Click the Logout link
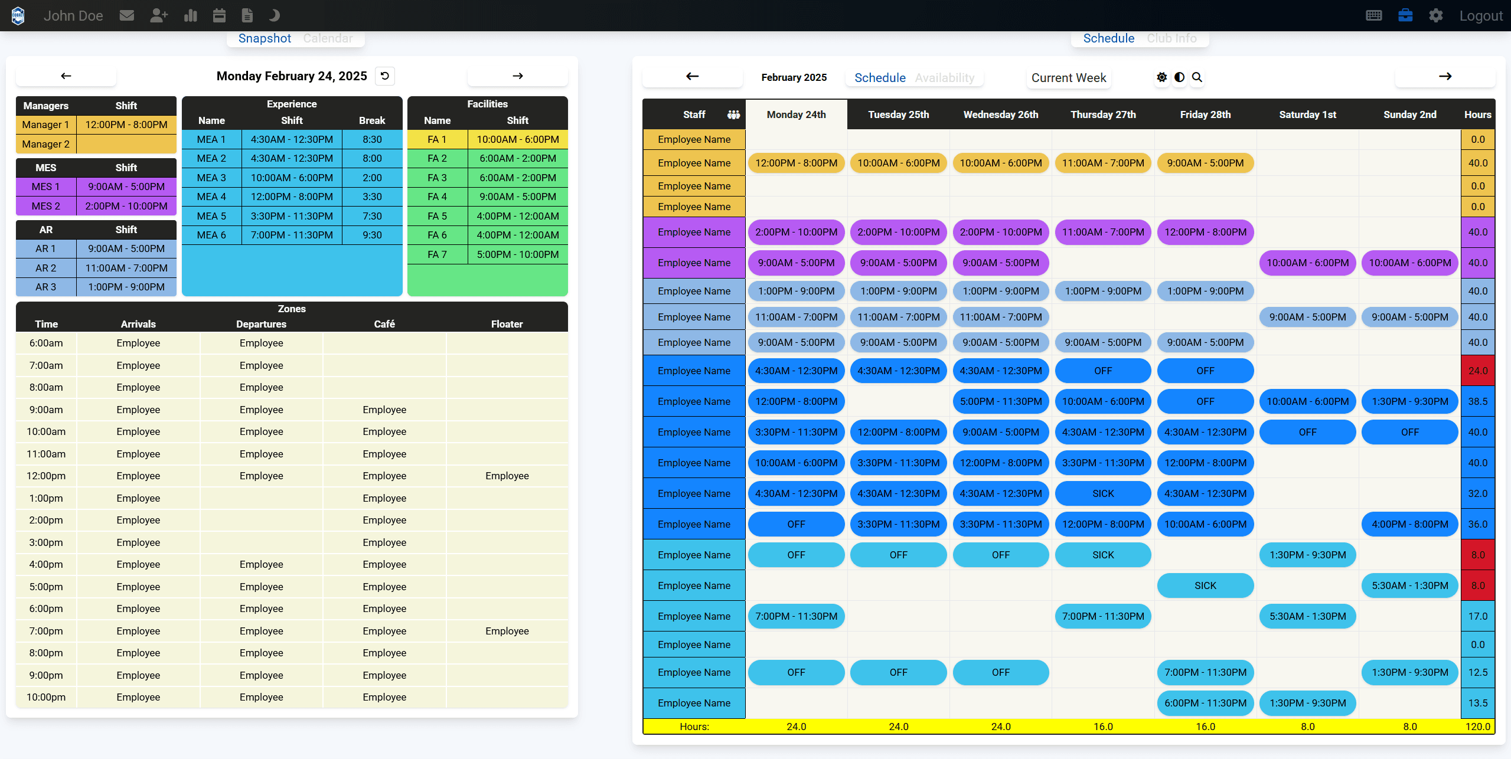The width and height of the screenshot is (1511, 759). point(1480,16)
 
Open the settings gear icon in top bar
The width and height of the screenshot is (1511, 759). point(1435,16)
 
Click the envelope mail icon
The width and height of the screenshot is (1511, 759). point(126,16)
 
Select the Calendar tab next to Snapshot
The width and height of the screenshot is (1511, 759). point(328,38)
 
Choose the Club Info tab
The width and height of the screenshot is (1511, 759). point(1171,38)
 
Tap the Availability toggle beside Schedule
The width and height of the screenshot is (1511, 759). point(944,78)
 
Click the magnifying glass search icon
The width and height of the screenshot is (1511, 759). point(1197,77)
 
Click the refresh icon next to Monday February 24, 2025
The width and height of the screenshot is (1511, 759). point(385,76)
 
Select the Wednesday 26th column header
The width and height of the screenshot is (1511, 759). point(1000,114)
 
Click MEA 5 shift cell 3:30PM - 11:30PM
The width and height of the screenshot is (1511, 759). point(292,216)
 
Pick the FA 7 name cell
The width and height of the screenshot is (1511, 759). point(437,254)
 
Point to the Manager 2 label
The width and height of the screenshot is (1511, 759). point(46,144)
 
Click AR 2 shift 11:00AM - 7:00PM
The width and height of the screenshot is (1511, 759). point(126,268)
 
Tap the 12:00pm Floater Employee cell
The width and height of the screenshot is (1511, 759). point(507,476)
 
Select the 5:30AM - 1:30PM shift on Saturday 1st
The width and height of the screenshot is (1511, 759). point(1307,616)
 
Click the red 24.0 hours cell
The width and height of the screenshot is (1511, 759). point(1477,371)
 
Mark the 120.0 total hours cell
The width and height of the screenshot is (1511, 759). point(1477,727)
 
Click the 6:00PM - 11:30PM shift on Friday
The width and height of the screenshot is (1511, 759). point(1205,703)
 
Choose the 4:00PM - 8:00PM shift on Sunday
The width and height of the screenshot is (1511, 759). point(1409,524)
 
